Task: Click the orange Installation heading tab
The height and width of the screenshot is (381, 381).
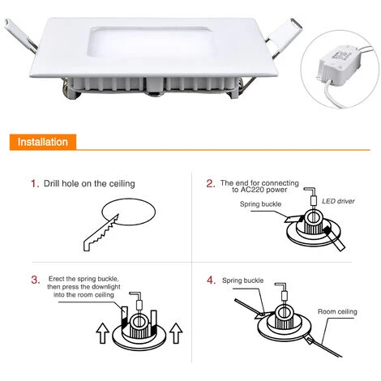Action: (43, 142)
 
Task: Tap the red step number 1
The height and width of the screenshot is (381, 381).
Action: (35, 184)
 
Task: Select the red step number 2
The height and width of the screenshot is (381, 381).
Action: (211, 184)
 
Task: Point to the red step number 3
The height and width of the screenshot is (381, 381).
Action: (36, 280)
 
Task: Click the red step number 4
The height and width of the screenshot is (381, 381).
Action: (212, 280)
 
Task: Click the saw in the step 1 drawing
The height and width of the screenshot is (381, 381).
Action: (101, 233)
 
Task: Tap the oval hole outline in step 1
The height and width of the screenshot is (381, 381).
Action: (129, 199)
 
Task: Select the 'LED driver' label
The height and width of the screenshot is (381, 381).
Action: (338, 201)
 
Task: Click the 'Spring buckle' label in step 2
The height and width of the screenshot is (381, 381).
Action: (260, 204)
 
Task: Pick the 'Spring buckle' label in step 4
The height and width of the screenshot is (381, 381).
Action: (242, 280)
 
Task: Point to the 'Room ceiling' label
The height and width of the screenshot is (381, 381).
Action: (337, 311)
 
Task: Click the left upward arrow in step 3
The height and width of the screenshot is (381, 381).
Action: (103, 333)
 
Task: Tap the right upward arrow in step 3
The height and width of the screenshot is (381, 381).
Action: (176, 333)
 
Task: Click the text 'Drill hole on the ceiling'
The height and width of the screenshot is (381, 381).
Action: (89, 184)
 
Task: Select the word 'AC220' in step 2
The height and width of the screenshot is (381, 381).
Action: (251, 190)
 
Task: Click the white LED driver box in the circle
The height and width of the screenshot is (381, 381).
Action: (336, 63)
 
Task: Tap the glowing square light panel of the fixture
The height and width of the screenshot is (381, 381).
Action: (152, 42)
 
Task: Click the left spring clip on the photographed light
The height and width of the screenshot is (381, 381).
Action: (20, 35)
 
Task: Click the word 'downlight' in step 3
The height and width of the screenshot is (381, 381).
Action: (106, 287)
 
